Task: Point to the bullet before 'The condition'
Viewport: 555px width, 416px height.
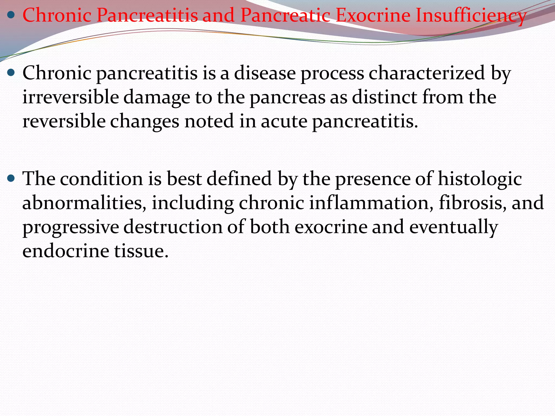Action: [x=11, y=178]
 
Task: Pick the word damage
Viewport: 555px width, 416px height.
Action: [x=157, y=97]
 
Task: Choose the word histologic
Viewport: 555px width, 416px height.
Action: [x=480, y=179]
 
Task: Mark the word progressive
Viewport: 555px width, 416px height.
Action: [x=70, y=227]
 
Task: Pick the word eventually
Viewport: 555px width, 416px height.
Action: [x=453, y=227]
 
